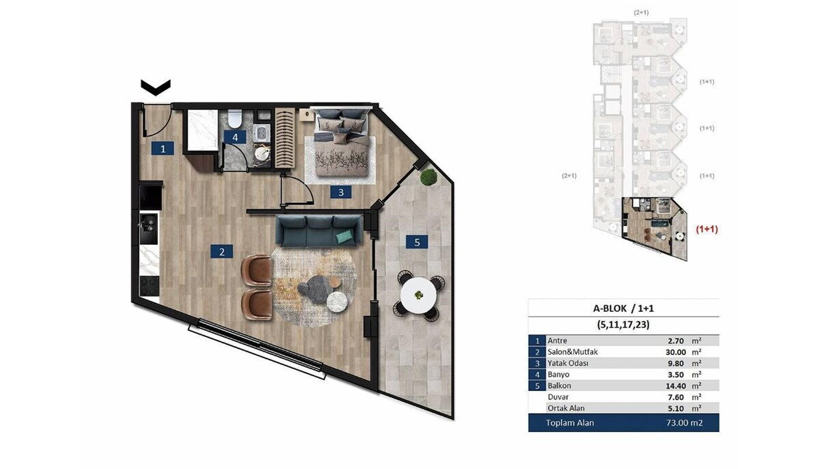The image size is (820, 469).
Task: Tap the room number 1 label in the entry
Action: (x=163, y=148)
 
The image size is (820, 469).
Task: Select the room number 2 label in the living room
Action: (x=222, y=252)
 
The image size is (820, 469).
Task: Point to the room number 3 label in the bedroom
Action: (x=341, y=192)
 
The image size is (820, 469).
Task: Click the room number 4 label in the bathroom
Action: (x=235, y=137)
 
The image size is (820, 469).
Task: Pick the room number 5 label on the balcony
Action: (x=417, y=242)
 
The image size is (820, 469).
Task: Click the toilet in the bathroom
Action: (x=234, y=118)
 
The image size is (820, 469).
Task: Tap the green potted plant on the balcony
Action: (x=428, y=178)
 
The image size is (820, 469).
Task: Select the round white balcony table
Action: (x=418, y=295)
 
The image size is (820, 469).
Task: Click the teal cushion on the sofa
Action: (x=345, y=237)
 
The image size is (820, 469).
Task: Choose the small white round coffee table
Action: (x=337, y=302)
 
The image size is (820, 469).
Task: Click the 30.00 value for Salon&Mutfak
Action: (x=676, y=352)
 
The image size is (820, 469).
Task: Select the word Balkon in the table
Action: (x=560, y=386)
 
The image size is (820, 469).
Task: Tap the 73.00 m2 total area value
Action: (x=684, y=423)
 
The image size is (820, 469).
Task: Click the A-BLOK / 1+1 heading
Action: (x=623, y=308)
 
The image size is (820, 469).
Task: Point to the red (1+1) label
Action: (x=707, y=229)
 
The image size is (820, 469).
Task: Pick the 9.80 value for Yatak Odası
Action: (x=676, y=363)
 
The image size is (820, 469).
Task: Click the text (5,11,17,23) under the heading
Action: (x=623, y=325)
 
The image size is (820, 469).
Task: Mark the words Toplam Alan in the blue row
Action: (x=570, y=423)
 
